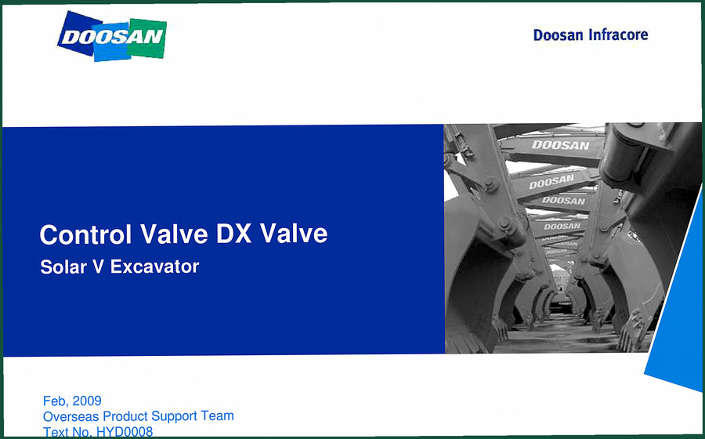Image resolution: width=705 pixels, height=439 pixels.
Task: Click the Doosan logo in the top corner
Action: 112,36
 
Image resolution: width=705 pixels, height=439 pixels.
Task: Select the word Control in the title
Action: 85,234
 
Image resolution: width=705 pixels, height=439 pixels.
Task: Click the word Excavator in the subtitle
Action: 154,267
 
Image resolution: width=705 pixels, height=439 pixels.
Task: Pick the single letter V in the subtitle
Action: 98,267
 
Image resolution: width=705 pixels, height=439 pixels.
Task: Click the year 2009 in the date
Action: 87,401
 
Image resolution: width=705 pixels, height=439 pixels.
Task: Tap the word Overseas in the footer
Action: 71,416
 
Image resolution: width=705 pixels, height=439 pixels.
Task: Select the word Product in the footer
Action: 125,416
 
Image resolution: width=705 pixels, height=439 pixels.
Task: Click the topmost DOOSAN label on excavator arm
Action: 560,145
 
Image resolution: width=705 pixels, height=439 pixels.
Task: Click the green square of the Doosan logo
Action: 147,38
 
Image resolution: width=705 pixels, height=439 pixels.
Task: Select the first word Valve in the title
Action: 174,234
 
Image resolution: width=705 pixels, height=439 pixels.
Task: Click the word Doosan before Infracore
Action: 558,35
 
